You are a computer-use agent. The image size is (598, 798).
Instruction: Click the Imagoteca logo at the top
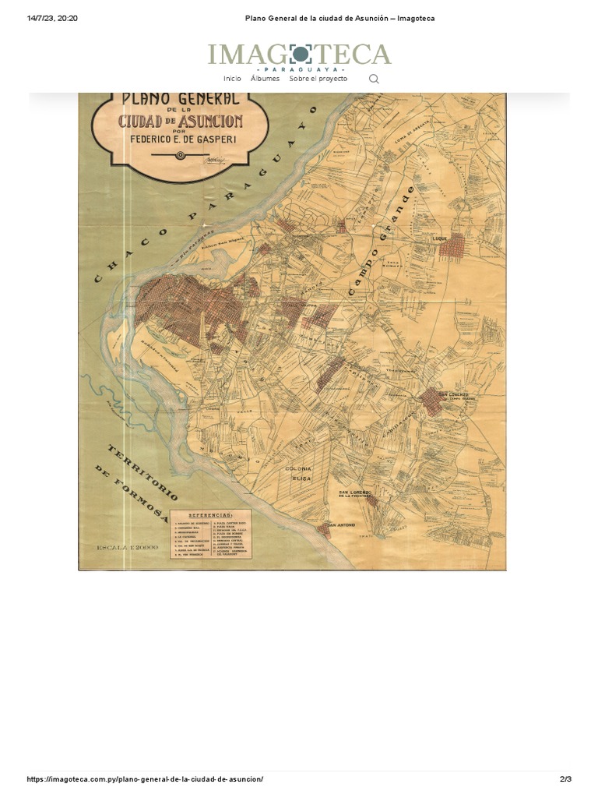tap(299, 55)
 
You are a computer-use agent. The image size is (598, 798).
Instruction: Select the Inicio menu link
tap(232, 79)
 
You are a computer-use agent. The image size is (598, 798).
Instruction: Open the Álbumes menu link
tap(265, 79)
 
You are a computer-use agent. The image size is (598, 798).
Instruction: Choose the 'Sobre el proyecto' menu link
tap(318, 79)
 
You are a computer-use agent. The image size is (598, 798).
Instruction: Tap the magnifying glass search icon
tap(374, 79)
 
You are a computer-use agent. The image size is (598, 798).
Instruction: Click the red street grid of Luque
tap(452, 247)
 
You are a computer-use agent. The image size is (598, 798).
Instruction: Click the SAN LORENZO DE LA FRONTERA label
tap(356, 495)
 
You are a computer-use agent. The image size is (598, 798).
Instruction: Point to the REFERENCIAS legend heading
tap(210, 515)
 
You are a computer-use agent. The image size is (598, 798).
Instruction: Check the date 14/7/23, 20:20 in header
tap(52, 19)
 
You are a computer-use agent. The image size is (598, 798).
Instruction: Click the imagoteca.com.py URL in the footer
tap(145, 779)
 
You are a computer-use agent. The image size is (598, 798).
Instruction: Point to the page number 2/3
tap(565, 779)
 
